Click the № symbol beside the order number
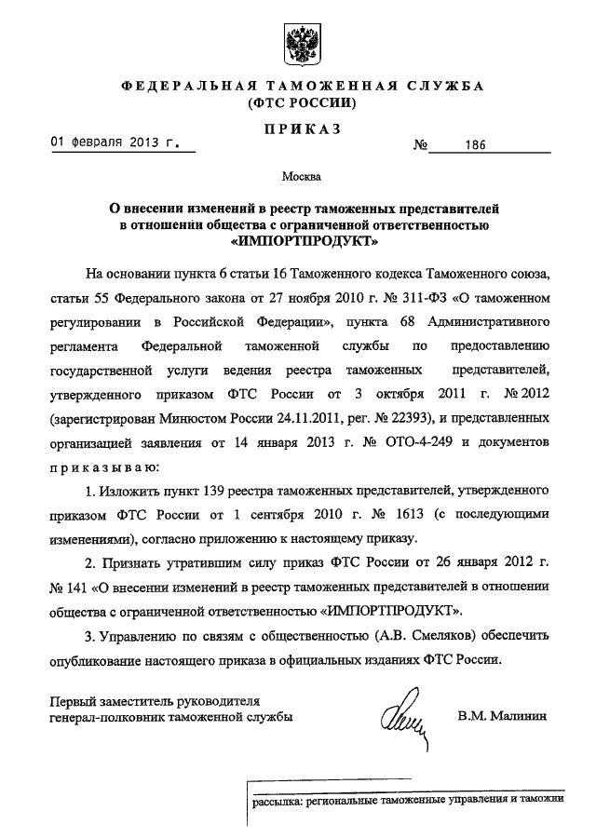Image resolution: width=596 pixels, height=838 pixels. (420, 147)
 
